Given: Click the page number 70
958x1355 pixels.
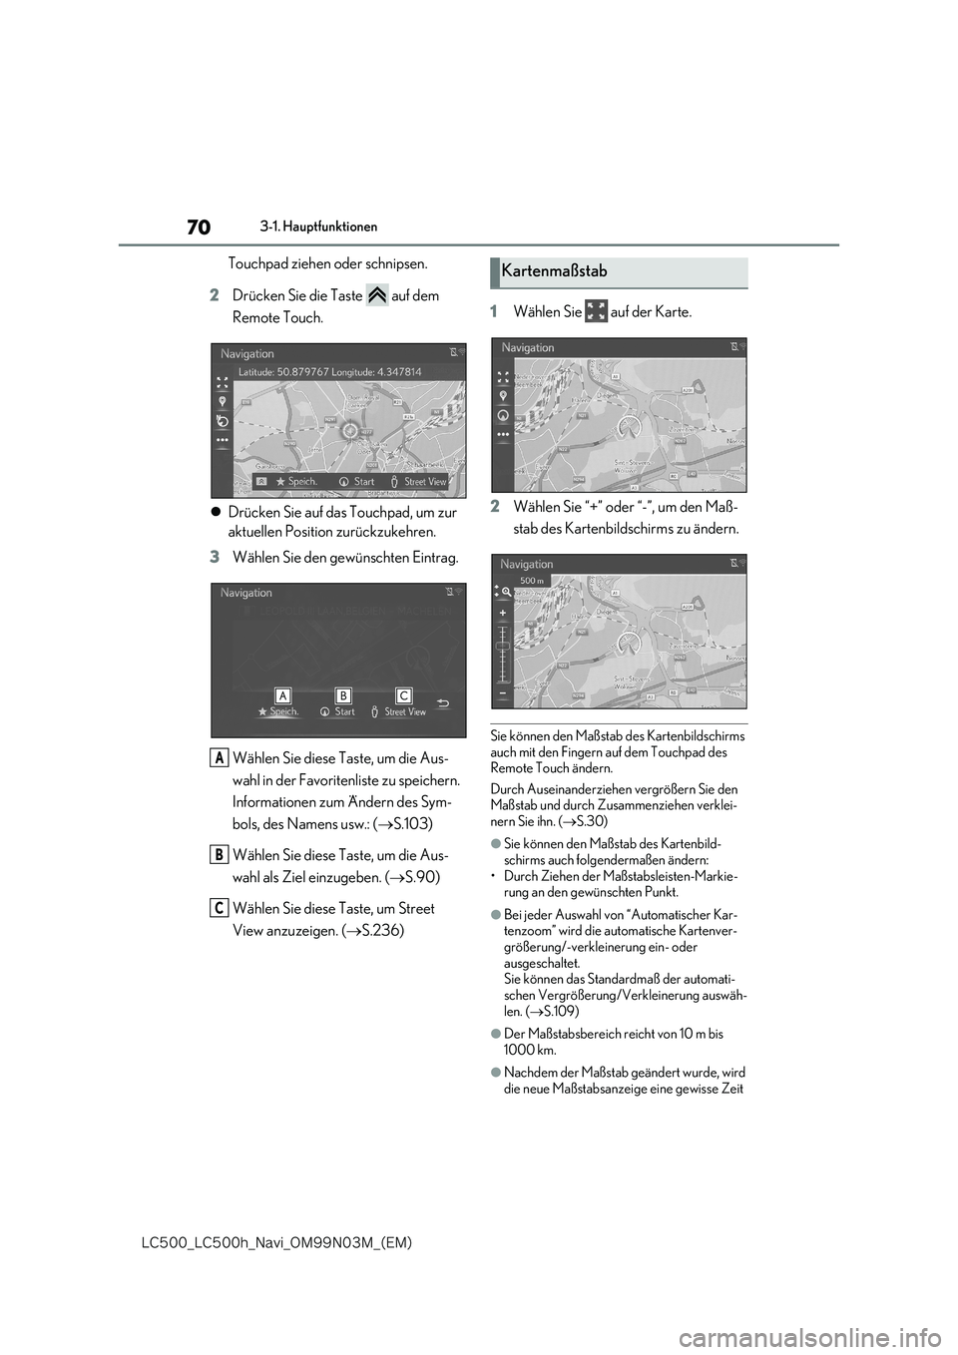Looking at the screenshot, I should point(198,227).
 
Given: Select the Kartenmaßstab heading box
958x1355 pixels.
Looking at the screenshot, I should point(619,271).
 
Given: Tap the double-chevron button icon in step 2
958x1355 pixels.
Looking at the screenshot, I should point(377,295).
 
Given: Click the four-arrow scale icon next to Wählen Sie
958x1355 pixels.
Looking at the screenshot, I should point(596,311).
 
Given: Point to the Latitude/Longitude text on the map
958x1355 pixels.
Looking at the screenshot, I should point(330,372).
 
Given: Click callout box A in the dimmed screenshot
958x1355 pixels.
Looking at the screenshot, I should point(284,694).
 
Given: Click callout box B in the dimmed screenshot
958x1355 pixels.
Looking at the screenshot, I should point(343,694).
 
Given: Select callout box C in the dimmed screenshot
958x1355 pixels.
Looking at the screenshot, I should point(403,694).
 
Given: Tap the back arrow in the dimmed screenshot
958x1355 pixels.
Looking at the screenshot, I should point(444,703).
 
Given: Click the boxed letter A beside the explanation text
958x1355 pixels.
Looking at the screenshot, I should point(219,757).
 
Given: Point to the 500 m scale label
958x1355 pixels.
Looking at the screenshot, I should point(532,581).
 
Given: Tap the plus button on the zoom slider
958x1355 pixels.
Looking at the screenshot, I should point(503,613).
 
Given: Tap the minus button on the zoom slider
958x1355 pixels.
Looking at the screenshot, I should point(503,691).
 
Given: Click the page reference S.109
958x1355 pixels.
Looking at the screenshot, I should point(556,1011).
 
